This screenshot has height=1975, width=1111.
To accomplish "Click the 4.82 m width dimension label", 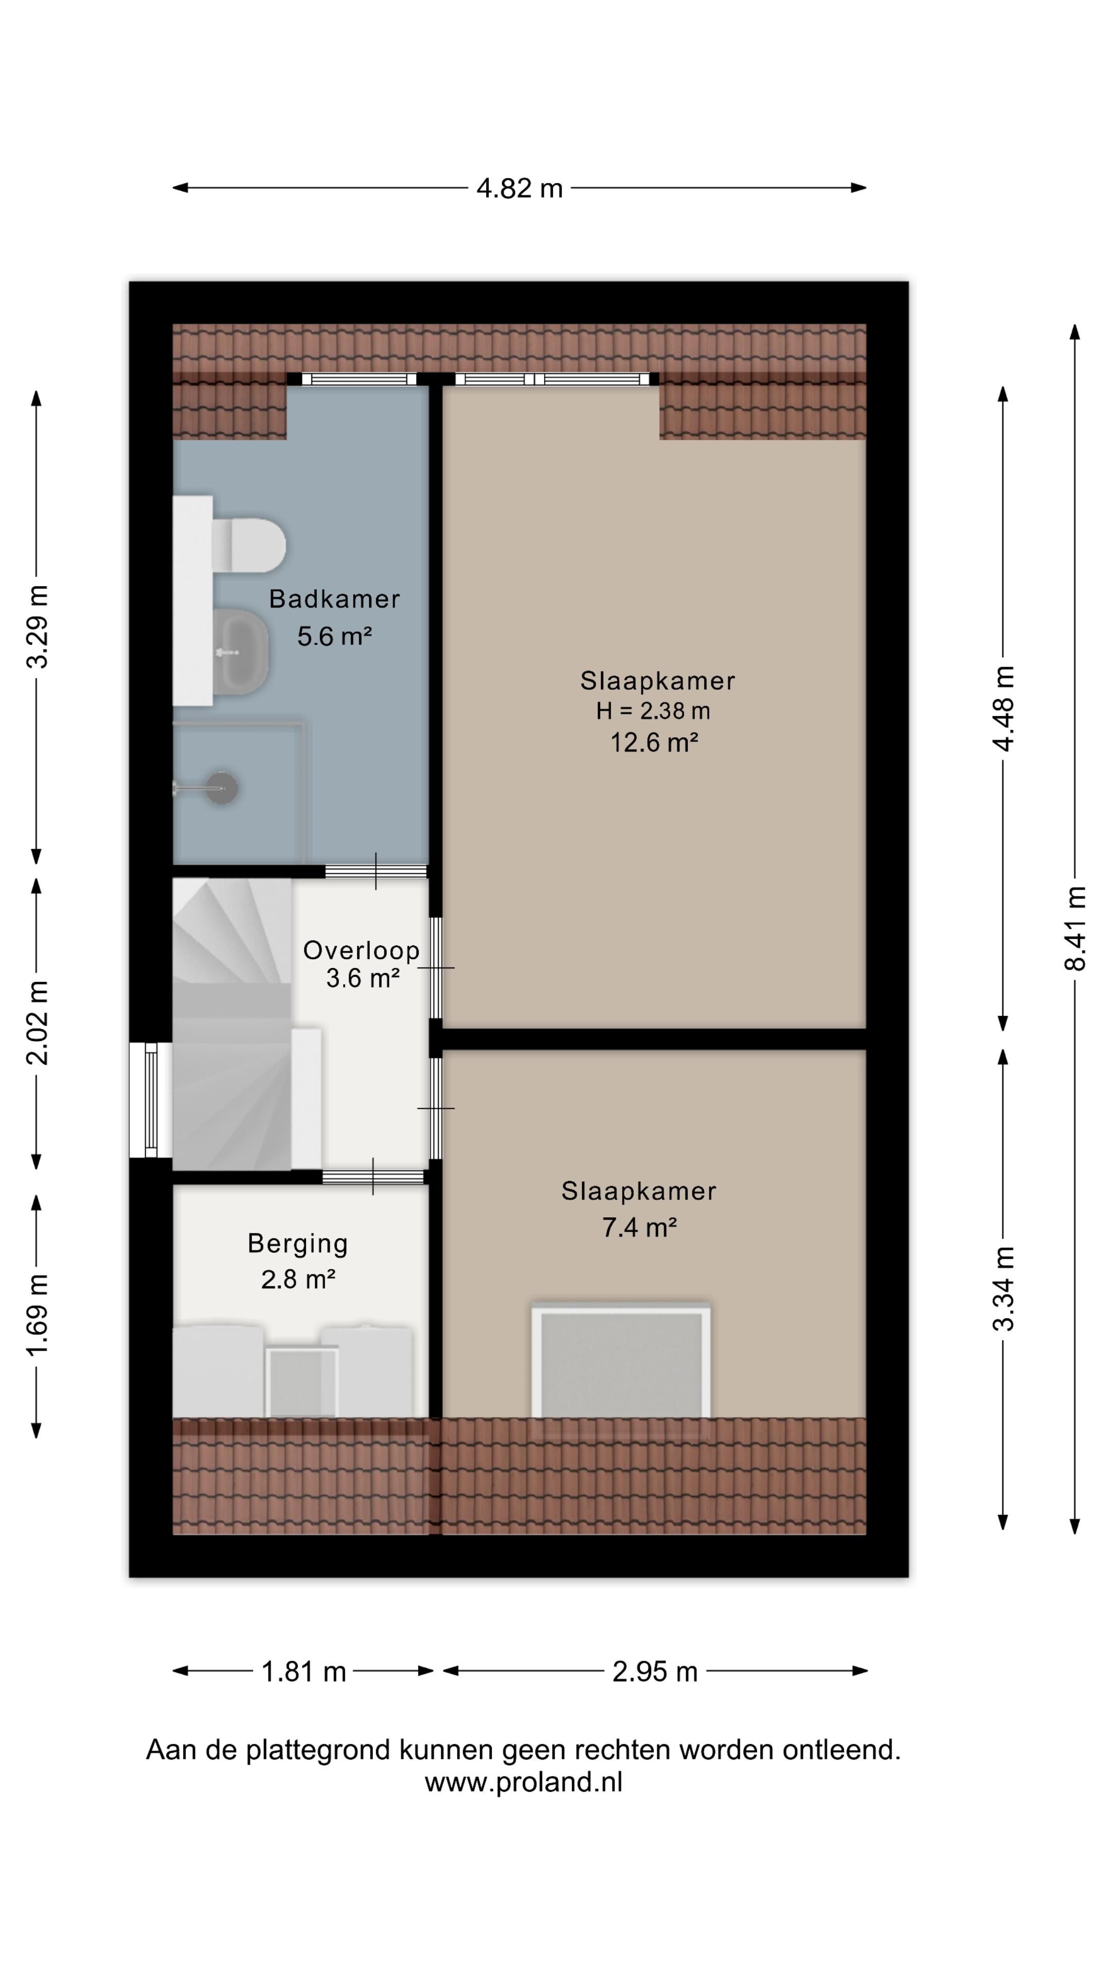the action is coord(519,188).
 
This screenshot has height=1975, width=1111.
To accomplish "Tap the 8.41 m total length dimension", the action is coord(1075,928).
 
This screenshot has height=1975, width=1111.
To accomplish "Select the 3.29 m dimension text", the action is coord(37,626).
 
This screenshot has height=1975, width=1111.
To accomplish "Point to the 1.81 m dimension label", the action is coord(303,1672).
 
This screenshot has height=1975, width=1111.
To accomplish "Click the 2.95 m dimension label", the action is coord(655,1672).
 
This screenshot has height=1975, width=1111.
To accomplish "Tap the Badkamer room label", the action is coord(334,599).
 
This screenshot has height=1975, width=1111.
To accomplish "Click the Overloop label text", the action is coord(361,950).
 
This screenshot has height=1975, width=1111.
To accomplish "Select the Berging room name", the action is coord(297,1244).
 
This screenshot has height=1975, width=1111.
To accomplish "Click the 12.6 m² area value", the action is coord(654,742).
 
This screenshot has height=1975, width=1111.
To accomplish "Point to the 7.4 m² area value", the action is coord(639,1228).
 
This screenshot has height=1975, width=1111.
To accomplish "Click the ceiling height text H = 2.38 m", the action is coord(653,711).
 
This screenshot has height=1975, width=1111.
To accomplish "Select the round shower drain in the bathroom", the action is coord(222,787).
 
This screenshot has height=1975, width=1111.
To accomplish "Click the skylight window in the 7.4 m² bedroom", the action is coord(621,1362).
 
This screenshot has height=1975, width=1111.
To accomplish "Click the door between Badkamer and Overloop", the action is coord(375,871).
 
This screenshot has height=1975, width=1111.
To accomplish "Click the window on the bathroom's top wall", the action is coord(358,379).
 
